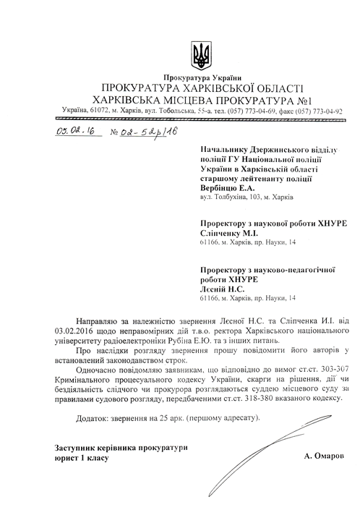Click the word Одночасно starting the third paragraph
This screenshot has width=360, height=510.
101,370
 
